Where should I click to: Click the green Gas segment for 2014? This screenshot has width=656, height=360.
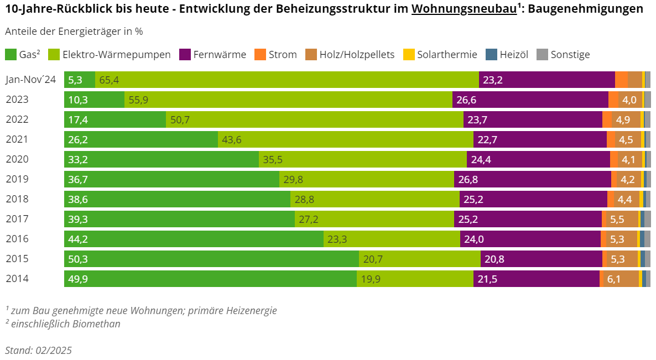tap(210, 279)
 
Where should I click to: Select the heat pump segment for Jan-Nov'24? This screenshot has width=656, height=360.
tap(287, 80)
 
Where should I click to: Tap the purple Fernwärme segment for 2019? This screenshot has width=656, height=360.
tap(532, 180)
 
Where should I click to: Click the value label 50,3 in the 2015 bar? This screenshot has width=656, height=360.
tap(78, 259)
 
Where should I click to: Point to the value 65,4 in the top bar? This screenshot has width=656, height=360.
tap(109, 80)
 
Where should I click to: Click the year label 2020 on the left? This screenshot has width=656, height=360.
tap(17, 160)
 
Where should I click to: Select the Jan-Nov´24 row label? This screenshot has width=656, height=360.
tap(31, 80)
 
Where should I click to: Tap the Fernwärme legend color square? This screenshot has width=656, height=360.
tap(185, 55)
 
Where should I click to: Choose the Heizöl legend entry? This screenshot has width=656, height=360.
tap(507, 55)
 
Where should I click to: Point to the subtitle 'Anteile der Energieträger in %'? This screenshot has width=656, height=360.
tap(74, 32)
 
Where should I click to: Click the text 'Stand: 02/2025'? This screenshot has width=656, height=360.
tap(38, 351)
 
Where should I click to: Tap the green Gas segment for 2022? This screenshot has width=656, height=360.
tap(115, 120)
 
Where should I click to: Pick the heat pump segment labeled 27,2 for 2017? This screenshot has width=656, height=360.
tap(374, 220)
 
